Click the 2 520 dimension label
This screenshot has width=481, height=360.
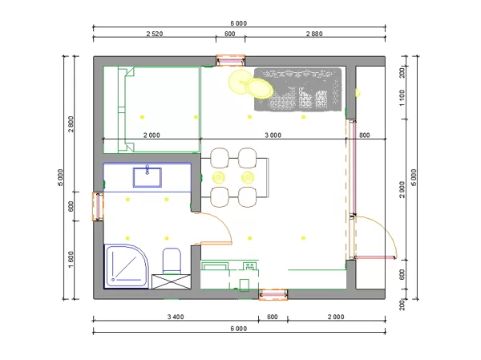click(154, 34)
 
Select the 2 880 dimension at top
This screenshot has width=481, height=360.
click(314, 34)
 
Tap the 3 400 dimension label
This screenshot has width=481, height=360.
click(176, 317)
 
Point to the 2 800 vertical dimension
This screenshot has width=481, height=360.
click(71, 123)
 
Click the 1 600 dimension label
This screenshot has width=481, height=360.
click(71, 260)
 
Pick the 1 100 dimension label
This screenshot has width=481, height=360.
click(402, 98)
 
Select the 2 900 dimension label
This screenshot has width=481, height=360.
click(402, 189)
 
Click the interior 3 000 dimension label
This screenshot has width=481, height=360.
click(273, 135)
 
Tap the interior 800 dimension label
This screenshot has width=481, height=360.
click(364, 135)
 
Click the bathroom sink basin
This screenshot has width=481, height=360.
click(148, 177)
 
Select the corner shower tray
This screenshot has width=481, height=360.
click(127, 265)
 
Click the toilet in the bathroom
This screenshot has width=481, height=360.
click(172, 261)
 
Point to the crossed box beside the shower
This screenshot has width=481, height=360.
click(172, 281)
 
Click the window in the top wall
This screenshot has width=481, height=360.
click(230, 60)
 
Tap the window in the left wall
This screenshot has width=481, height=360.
click(98, 206)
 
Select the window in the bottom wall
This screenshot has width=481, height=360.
click(273, 294)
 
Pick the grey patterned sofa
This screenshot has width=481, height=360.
click(297, 89)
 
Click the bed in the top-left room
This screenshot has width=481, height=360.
click(152, 110)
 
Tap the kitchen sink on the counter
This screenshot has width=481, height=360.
click(249, 266)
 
